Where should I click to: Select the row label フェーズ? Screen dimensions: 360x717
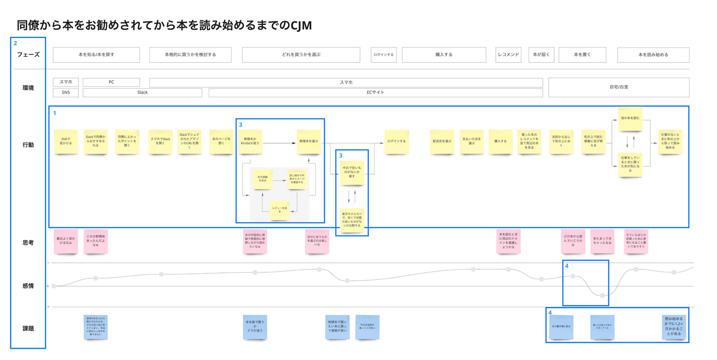pos(28,55)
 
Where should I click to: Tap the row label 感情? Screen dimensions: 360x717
pos(28,286)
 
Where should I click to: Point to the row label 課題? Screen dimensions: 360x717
pos(28,329)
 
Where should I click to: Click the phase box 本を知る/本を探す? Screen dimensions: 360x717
pos(96,55)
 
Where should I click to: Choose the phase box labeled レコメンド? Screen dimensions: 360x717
pos(508,55)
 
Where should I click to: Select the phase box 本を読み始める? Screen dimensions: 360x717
pos(653,55)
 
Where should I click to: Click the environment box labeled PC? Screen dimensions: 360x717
pos(111,82)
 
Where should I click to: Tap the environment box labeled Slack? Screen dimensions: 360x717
pos(142,93)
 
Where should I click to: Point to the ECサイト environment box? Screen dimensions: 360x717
pos(375,93)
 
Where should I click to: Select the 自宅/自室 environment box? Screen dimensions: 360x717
pos(618,87)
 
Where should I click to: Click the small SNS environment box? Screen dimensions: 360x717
pos(66,93)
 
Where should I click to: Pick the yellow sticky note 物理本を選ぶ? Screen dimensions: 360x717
pos(309,141)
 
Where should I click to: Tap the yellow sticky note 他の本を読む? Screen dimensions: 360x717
pos(630,119)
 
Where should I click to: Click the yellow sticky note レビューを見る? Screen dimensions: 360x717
pos(280,210)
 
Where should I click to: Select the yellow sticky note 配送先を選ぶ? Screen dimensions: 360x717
pos(442,141)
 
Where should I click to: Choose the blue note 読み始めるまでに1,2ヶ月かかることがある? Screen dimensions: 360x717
pos(673,326)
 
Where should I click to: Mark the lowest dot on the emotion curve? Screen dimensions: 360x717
pos(602,296)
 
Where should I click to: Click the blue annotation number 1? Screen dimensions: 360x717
pos(55,113)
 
